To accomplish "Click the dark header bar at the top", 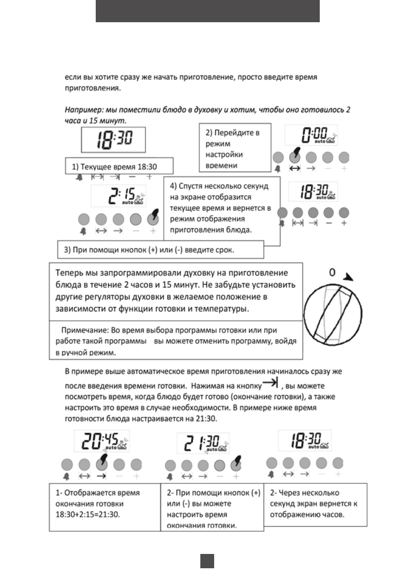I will pyautogui.click(x=207, y=11).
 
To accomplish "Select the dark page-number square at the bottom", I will pyautogui.click(x=207, y=561).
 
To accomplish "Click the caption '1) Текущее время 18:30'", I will pyautogui.click(x=112, y=166).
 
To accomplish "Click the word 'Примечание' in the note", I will pyautogui.click(x=80, y=330).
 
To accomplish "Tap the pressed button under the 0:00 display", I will pyautogui.click(x=295, y=157).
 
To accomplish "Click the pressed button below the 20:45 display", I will pyautogui.click(x=102, y=464).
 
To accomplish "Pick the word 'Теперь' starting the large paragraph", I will pyautogui.click(x=68, y=273).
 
